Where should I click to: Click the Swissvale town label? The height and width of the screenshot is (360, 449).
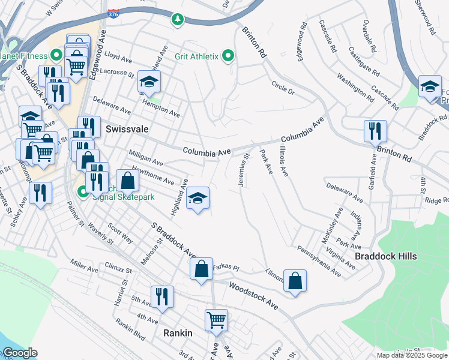click(127, 129)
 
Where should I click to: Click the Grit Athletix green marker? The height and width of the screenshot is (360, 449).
click(228, 57)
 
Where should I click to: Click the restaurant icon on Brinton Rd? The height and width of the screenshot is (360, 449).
click(375, 130)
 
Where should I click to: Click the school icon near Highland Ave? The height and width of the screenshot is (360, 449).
click(196, 199)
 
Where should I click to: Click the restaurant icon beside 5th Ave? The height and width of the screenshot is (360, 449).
click(162, 296)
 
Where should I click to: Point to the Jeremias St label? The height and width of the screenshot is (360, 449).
click(244, 170)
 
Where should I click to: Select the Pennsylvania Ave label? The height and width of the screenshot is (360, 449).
click(319, 262)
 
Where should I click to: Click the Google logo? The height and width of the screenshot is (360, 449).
click(19, 353)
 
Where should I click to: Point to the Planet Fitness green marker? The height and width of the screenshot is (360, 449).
click(56, 56)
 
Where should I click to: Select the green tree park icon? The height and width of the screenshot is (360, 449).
click(177, 20)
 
